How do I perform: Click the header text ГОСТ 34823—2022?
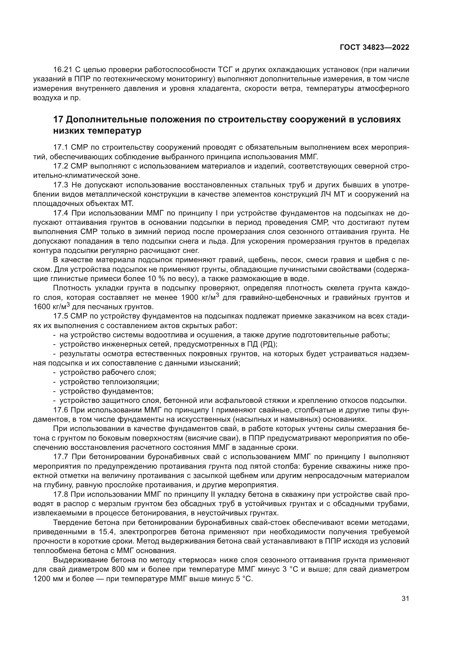tap(374, 48)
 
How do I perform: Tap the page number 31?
tap(405, 599)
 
